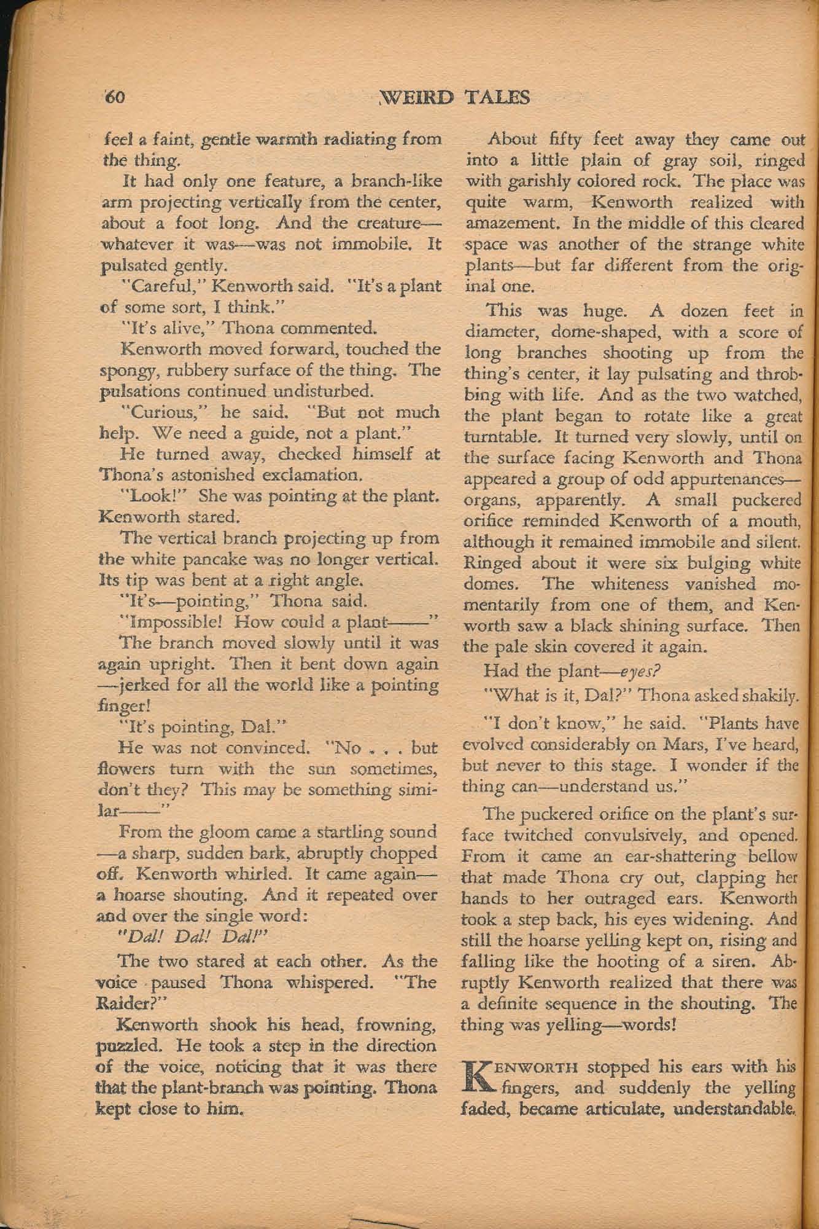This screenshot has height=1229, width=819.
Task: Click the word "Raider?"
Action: pos(133,1003)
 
